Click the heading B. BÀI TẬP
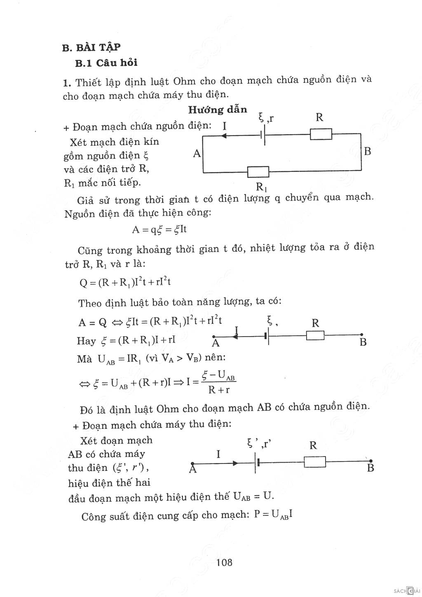[x=91, y=47]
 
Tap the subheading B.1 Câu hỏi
[x=106, y=63]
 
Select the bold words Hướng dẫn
[x=218, y=110]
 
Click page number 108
[x=224, y=562]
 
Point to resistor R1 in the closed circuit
[x=258, y=172]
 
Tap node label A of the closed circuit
[x=197, y=154]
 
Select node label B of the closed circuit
[x=368, y=151]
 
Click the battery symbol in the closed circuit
[x=263, y=134]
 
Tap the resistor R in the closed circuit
[x=321, y=134]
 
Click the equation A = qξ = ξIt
[x=159, y=229]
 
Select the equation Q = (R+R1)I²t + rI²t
[x=125, y=282]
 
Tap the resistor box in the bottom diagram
[x=315, y=462]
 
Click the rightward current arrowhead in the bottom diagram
[x=235, y=463]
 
